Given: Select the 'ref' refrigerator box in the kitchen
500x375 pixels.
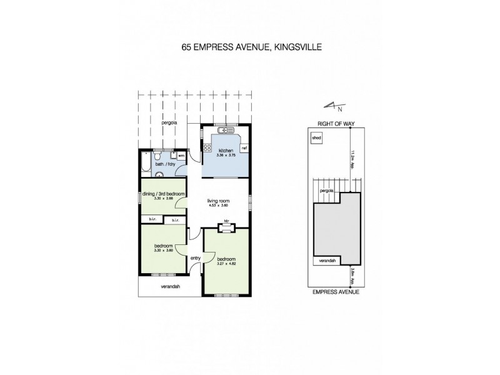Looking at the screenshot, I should (x=244, y=148).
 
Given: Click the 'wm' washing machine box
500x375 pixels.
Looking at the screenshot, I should (x=181, y=156).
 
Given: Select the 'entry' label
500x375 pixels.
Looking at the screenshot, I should (x=196, y=257).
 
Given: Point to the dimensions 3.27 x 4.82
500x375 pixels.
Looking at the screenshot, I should (x=225, y=262).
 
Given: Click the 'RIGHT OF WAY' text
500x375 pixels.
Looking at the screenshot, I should (x=336, y=124).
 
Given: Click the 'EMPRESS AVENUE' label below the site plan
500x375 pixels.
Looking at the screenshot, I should (x=336, y=291).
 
